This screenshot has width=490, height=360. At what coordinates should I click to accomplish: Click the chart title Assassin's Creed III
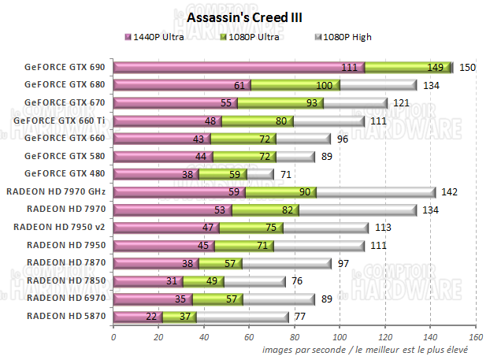[245, 17]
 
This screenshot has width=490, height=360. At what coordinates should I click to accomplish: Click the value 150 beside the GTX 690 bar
[467, 68]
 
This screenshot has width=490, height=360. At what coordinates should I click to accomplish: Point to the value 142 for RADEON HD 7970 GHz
[449, 191]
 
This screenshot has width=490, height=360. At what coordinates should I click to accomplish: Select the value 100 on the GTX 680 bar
[323, 85]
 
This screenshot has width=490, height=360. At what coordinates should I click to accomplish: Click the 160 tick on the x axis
[475, 336]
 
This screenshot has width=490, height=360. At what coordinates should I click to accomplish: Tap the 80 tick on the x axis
[295, 336]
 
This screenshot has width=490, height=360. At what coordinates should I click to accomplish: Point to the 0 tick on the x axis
[114, 336]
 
